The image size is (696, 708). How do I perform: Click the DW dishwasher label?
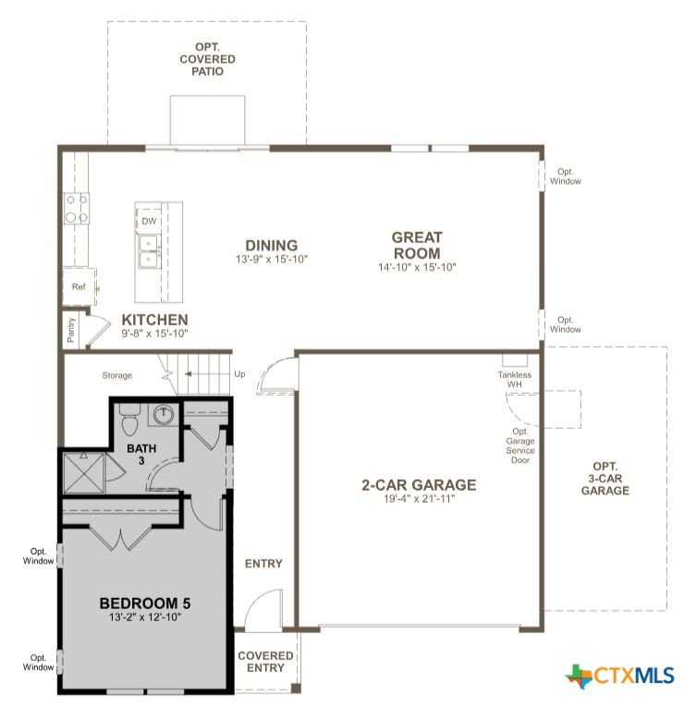[149, 221]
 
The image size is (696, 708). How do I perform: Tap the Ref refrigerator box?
[79, 287]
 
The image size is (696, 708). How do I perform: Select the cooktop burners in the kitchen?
[77, 209]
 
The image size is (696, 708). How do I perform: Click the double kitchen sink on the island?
[148, 251]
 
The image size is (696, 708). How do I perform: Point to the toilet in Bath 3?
[130, 420]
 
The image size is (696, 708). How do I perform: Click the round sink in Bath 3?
[164, 415]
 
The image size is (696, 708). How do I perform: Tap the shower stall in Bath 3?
[84, 472]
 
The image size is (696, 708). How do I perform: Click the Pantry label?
[71, 330]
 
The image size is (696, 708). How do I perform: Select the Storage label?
[117, 375]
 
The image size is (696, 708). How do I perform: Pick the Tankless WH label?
[515, 379]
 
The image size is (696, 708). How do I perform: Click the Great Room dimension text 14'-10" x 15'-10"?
[417, 267]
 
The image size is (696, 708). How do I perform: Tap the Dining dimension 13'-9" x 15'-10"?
[272, 259]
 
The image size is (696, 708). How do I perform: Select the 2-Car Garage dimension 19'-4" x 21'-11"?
[419, 498]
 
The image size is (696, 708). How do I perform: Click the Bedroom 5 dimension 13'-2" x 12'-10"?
[144, 616]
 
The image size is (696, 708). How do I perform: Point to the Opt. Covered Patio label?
[207, 59]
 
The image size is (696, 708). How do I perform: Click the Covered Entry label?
[265, 662]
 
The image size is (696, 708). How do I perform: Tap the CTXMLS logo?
[619, 676]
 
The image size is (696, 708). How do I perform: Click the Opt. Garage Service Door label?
[519, 446]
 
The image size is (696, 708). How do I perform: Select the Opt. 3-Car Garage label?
[604, 478]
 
